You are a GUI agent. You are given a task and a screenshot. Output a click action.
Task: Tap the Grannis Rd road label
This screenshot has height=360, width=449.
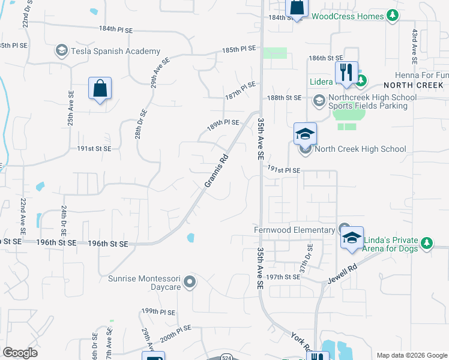[x=217, y=172]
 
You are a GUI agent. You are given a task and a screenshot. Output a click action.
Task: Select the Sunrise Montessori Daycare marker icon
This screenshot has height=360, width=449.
[x=190, y=281]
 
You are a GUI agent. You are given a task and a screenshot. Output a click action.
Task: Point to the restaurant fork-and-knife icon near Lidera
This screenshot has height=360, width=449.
[x=346, y=73]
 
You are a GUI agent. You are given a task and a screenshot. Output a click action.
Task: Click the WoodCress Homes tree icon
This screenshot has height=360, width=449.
[x=393, y=15]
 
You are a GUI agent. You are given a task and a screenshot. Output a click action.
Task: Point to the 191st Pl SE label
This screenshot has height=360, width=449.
[x=283, y=170]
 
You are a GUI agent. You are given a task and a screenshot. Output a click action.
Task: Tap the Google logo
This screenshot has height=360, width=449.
[x=20, y=353]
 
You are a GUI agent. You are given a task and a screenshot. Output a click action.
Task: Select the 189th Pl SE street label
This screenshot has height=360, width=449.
[x=223, y=122]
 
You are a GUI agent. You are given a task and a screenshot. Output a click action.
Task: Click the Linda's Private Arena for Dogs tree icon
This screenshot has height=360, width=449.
[x=427, y=243]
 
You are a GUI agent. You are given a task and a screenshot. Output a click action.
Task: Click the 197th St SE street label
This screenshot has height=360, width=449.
[x=284, y=277]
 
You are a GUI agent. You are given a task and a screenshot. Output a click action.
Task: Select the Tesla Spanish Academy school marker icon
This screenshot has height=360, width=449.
[x=61, y=50]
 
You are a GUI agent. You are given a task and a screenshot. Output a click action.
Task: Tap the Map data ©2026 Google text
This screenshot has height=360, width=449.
[x=412, y=355]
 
